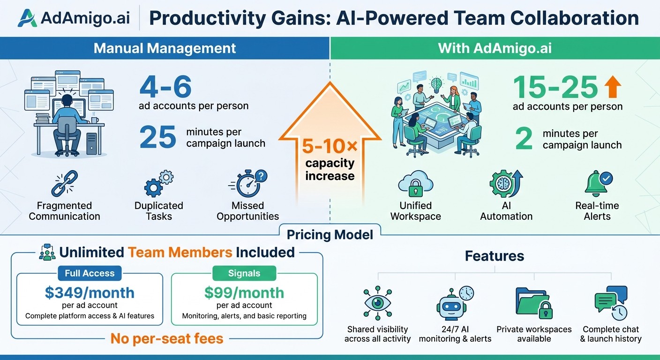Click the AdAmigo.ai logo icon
click(x=27, y=18)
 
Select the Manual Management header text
click(x=165, y=48)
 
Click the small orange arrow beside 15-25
click(x=613, y=87)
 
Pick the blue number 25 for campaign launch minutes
click(x=157, y=138)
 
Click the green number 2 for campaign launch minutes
click(x=524, y=139)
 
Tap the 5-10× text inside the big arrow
click(x=330, y=147)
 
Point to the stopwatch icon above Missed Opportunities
click(x=248, y=183)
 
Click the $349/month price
click(x=90, y=292)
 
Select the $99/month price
click(x=244, y=292)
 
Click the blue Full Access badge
click(x=90, y=273)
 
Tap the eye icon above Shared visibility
click(x=377, y=303)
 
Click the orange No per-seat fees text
click(x=167, y=338)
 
